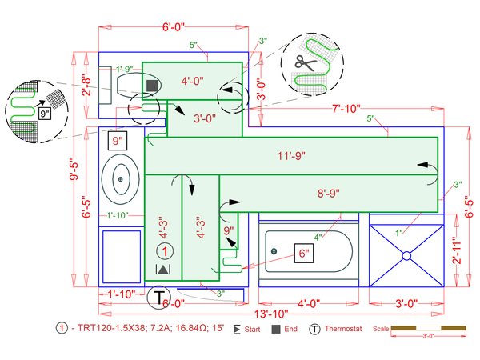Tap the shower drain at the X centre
pyautogui.click(x=406, y=254)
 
